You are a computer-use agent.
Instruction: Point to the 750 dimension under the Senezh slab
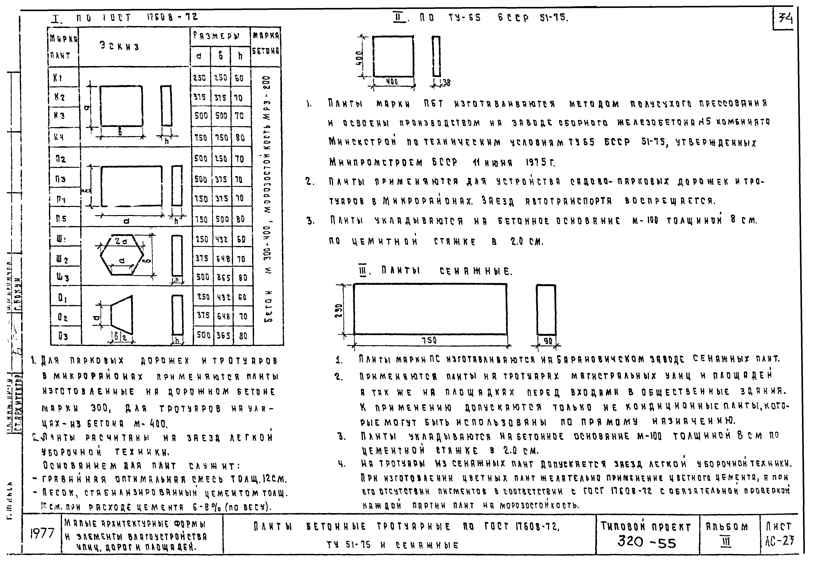pos(430,340)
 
